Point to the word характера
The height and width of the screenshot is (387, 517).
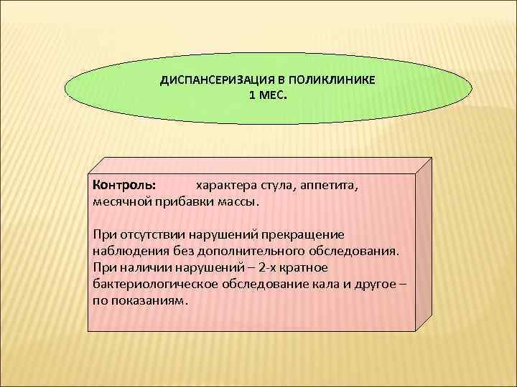tap(223, 184)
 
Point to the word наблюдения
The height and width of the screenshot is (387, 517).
tap(128, 252)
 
